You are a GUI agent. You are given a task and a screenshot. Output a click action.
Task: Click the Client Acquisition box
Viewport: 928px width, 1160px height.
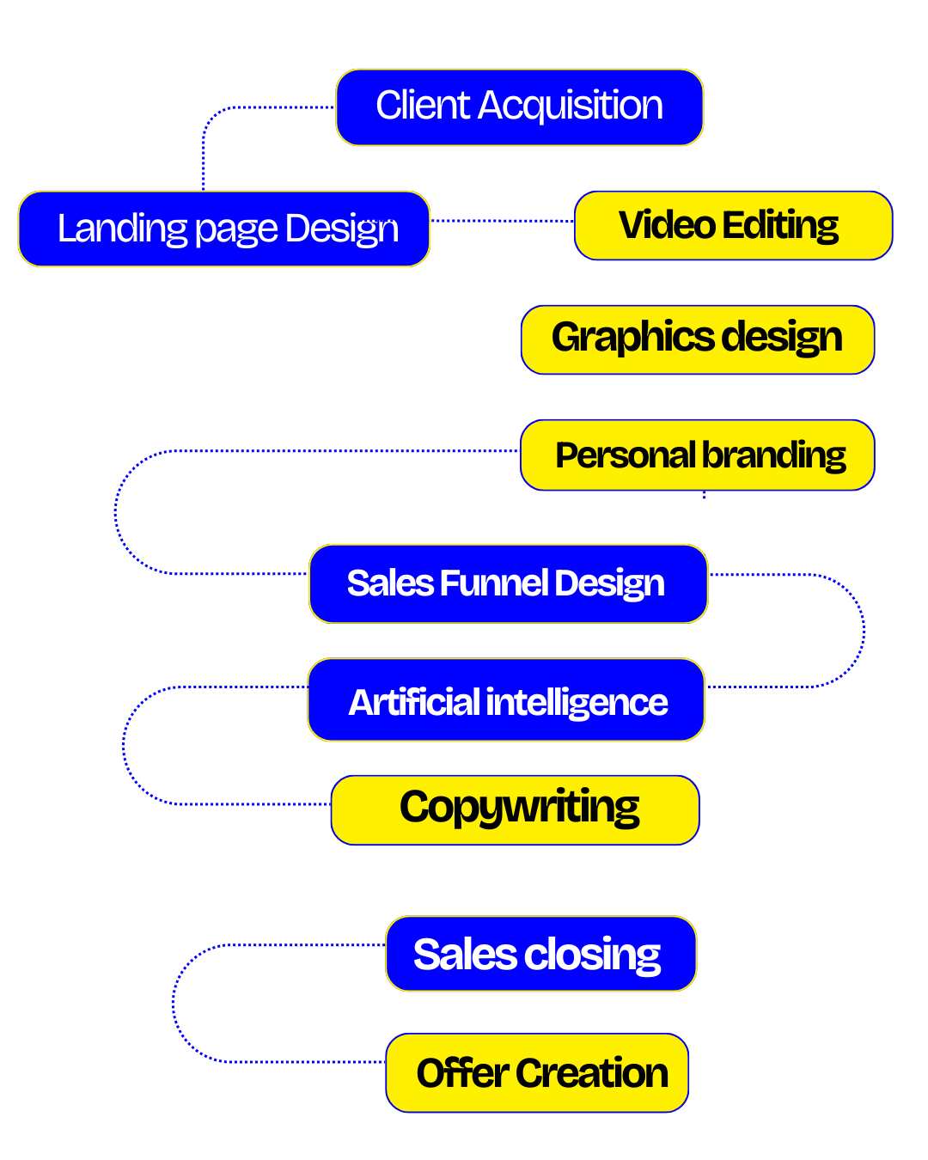(519, 107)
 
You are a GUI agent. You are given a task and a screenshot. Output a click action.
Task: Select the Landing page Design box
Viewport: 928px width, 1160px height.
(223, 229)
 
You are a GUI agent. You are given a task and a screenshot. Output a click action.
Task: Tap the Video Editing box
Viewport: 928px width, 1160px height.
(733, 225)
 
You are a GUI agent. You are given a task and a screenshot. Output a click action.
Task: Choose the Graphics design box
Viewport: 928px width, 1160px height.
(697, 339)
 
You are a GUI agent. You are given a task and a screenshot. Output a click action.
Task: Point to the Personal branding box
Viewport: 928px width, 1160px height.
(697, 455)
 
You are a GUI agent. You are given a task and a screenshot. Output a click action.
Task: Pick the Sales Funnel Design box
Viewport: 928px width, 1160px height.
(508, 583)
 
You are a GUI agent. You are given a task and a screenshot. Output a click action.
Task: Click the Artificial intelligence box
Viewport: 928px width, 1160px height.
(506, 700)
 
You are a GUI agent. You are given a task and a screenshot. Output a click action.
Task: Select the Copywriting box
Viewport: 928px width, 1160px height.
(515, 810)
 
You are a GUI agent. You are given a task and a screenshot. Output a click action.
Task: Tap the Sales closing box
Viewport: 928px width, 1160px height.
(540, 954)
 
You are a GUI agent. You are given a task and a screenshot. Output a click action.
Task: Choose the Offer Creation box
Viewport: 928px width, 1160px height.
(537, 1072)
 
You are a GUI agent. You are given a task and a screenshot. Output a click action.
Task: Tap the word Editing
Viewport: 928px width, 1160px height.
(780, 226)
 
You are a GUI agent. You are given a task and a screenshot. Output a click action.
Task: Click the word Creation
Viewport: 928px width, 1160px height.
(592, 1073)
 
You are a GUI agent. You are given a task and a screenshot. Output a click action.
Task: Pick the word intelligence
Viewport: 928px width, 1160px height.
(577, 703)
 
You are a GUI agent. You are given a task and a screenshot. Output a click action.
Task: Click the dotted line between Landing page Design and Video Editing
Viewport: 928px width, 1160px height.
(502, 221)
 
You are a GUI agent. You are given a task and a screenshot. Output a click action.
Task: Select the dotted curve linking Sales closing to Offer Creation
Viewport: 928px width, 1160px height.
(174, 1004)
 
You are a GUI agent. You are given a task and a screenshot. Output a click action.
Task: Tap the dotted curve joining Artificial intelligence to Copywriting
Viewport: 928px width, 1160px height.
(125, 746)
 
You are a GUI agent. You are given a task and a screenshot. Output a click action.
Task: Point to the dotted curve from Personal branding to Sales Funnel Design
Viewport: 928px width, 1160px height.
(116, 513)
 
